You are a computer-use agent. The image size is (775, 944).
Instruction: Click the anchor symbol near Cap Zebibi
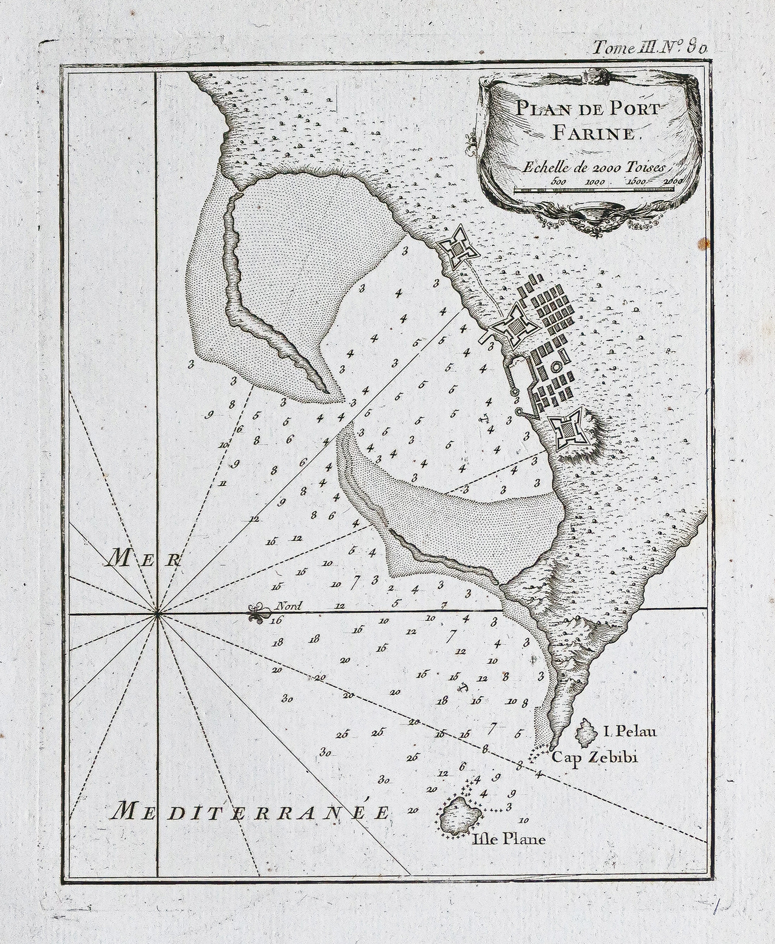pos(462,688)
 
